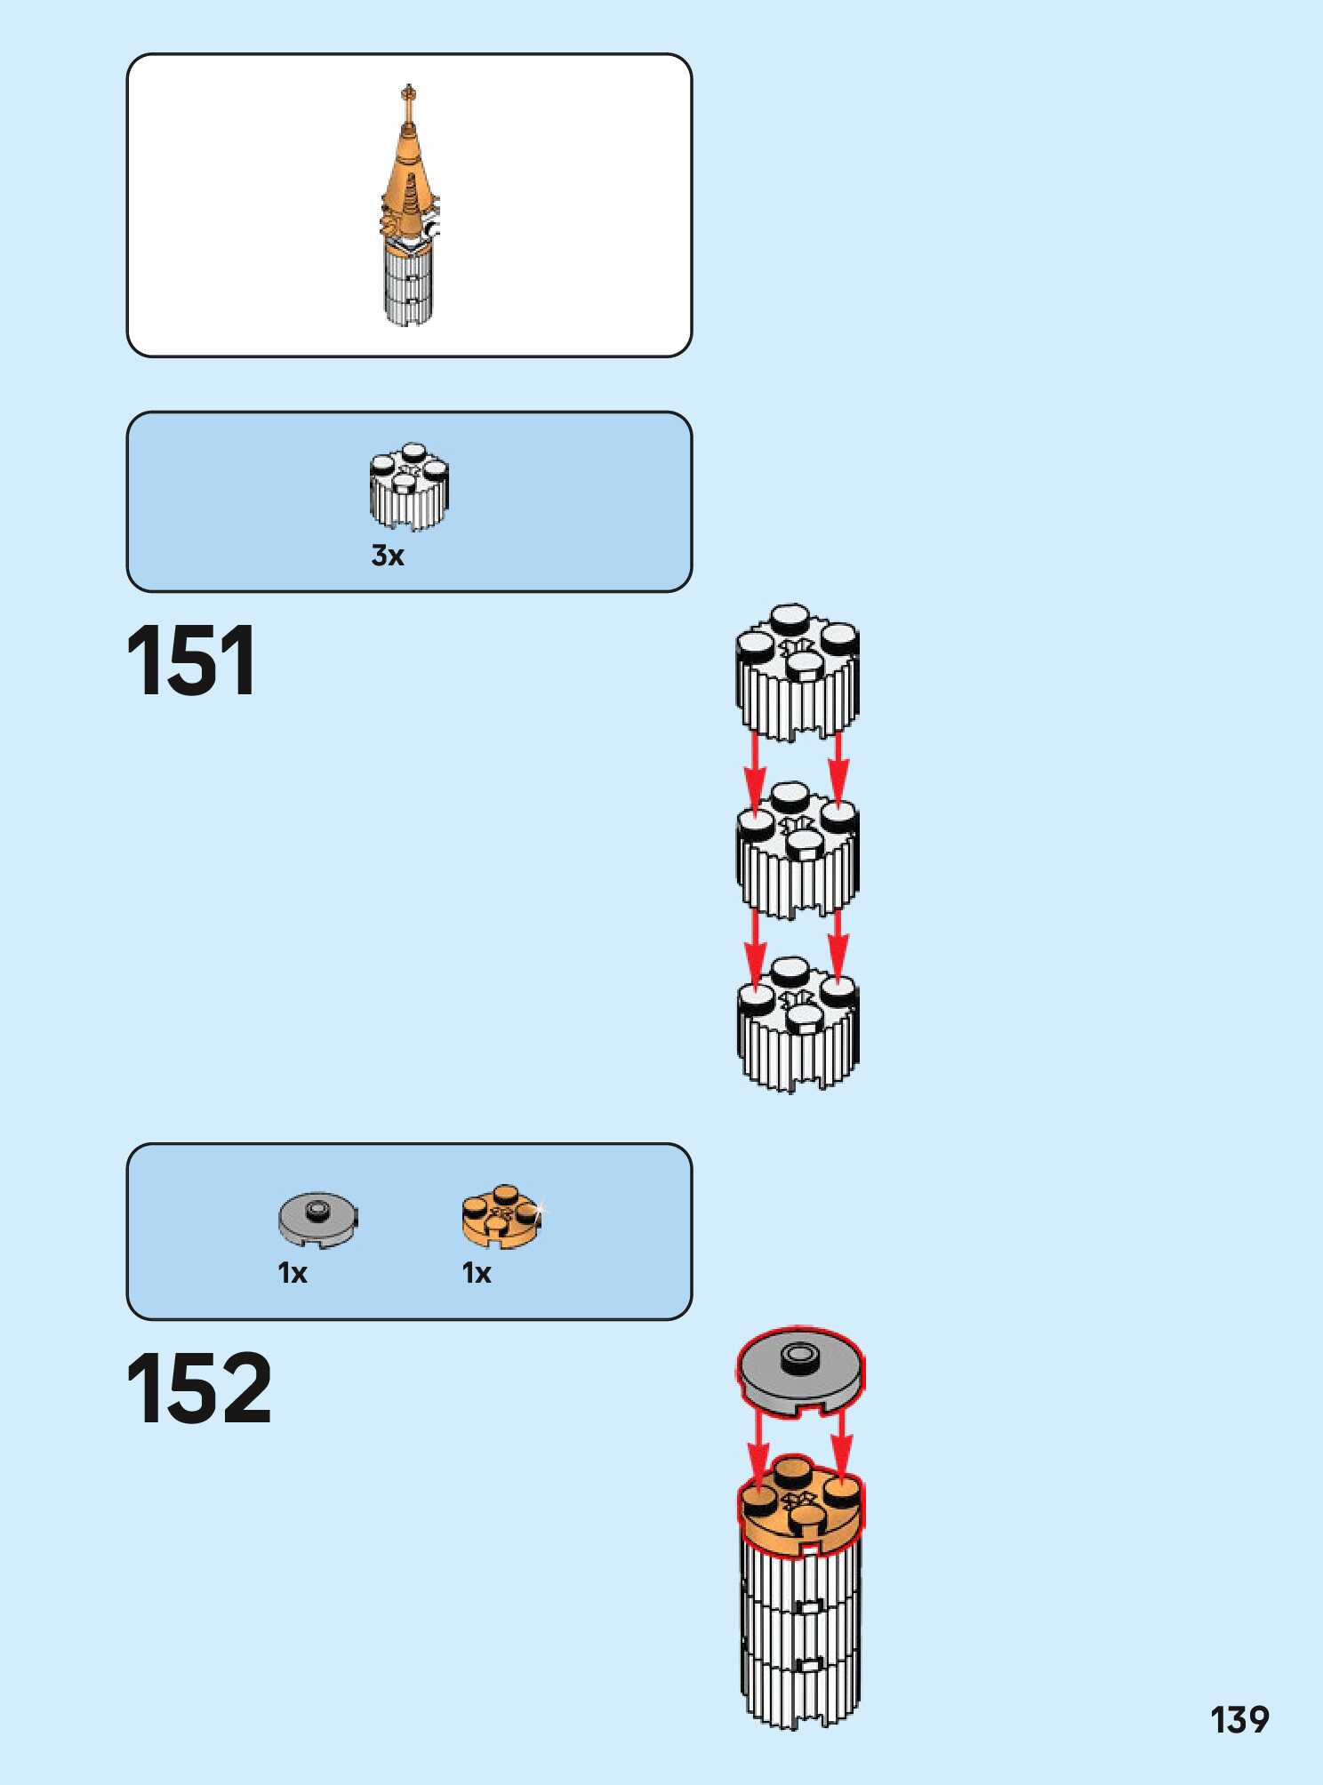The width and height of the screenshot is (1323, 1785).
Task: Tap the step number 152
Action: tap(198, 1389)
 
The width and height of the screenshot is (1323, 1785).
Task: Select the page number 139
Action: tap(1239, 1719)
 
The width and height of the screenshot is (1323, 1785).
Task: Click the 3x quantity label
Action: tap(388, 556)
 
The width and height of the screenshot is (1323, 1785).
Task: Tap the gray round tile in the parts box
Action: tap(317, 1219)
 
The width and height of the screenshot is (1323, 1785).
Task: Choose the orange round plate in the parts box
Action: tap(501, 1216)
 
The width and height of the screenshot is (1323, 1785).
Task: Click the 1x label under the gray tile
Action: tap(293, 1273)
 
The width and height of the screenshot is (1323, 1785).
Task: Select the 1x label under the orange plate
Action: tap(477, 1273)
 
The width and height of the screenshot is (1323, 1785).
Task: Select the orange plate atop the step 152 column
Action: tap(799, 1508)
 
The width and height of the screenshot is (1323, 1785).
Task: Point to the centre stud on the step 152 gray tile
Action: tap(799, 1356)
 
